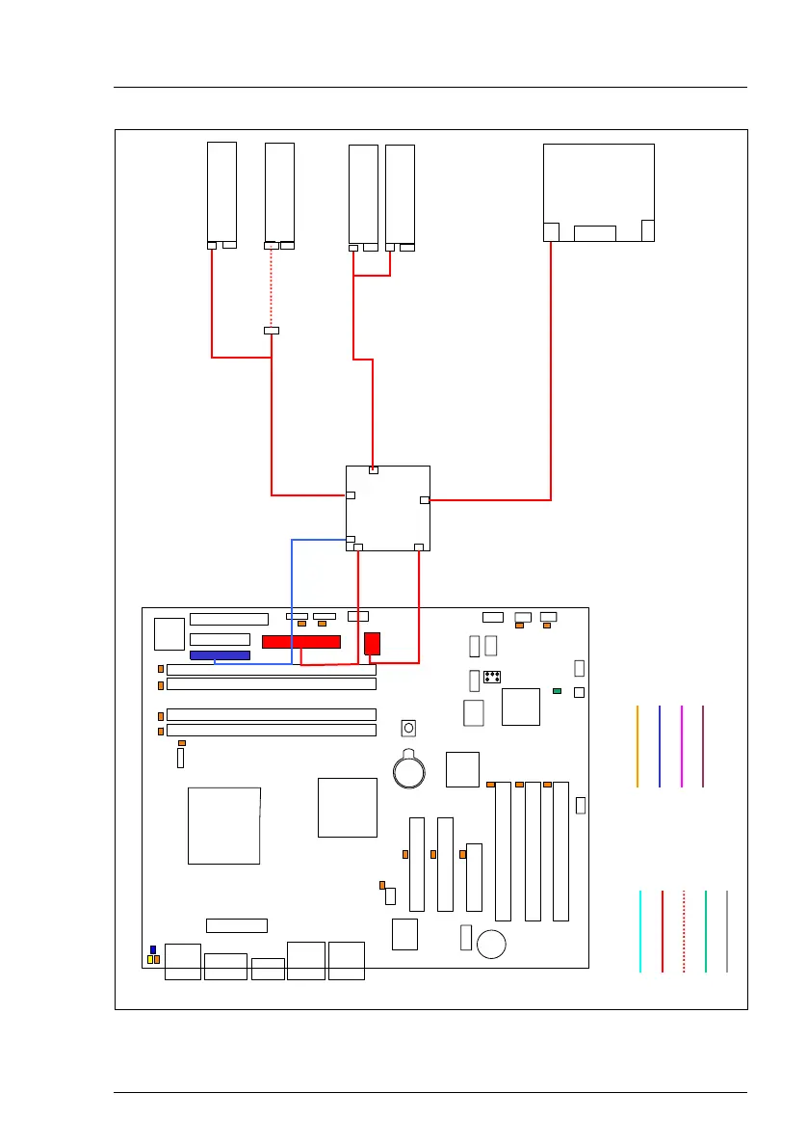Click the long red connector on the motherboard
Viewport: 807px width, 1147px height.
tap(301, 642)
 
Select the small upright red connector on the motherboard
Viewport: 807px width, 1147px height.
tap(373, 644)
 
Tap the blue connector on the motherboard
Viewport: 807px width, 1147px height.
tap(220, 655)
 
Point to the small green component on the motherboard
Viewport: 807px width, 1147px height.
tap(557, 691)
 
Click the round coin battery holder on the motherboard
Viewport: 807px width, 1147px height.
tap(410, 769)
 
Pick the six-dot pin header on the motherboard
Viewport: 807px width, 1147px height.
tap(491, 677)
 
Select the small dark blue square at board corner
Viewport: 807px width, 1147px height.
tap(152, 950)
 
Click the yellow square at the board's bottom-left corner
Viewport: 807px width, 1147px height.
tap(152, 960)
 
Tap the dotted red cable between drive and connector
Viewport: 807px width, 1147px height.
tap(272, 286)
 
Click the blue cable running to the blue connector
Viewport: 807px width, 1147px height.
tap(292, 598)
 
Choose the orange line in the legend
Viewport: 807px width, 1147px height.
tap(638, 746)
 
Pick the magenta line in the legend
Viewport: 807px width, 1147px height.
tap(681, 746)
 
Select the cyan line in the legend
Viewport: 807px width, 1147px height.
tap(640, 931)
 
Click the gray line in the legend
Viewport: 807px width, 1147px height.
tap(727, 931)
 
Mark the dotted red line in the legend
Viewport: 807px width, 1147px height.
tap(684, 931)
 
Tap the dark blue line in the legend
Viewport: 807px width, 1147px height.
tap(660, 746)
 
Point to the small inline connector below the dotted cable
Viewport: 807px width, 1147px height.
tap(272, 332)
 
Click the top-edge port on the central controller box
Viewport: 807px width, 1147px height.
tap(374, 470)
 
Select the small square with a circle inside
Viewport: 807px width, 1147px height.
tap(408, 727)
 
